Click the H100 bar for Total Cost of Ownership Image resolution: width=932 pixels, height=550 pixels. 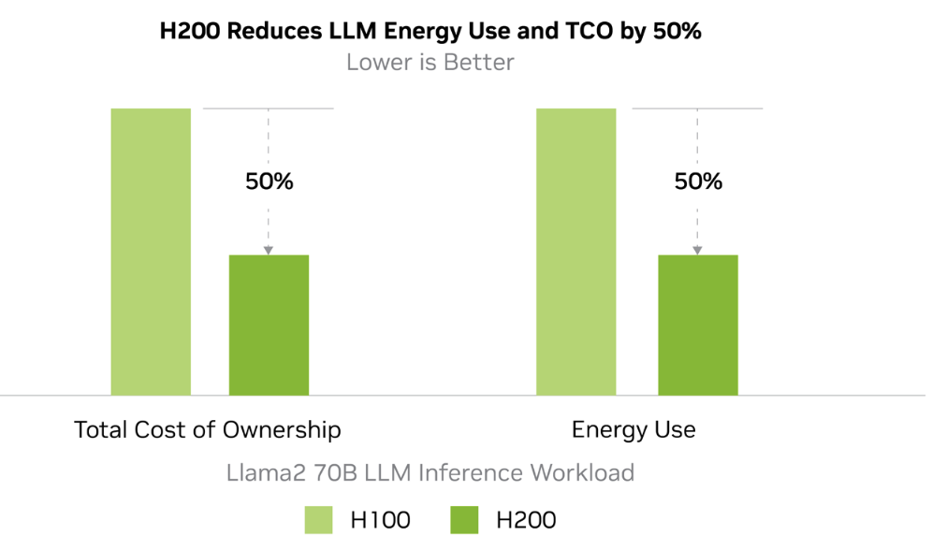151,252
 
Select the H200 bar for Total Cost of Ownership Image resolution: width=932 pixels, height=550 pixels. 269,325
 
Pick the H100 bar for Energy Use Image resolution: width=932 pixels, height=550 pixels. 575,252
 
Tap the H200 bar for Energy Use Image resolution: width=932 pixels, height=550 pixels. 697,325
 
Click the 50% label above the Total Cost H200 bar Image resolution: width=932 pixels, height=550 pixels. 269,181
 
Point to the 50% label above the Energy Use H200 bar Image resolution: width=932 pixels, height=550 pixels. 698,181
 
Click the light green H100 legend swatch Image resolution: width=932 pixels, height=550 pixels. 318,520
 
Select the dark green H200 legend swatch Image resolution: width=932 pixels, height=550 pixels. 464,520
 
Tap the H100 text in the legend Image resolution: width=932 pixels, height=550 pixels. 380,520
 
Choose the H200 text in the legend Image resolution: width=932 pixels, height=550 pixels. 525,520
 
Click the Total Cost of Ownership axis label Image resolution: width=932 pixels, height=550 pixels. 207,430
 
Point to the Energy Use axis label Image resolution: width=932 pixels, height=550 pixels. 633,430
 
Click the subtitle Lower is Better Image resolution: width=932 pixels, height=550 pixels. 430,63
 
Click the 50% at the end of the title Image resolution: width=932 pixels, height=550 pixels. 677,31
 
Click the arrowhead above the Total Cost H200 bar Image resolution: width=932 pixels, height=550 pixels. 269,250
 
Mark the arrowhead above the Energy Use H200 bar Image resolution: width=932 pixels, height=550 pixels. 697,250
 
